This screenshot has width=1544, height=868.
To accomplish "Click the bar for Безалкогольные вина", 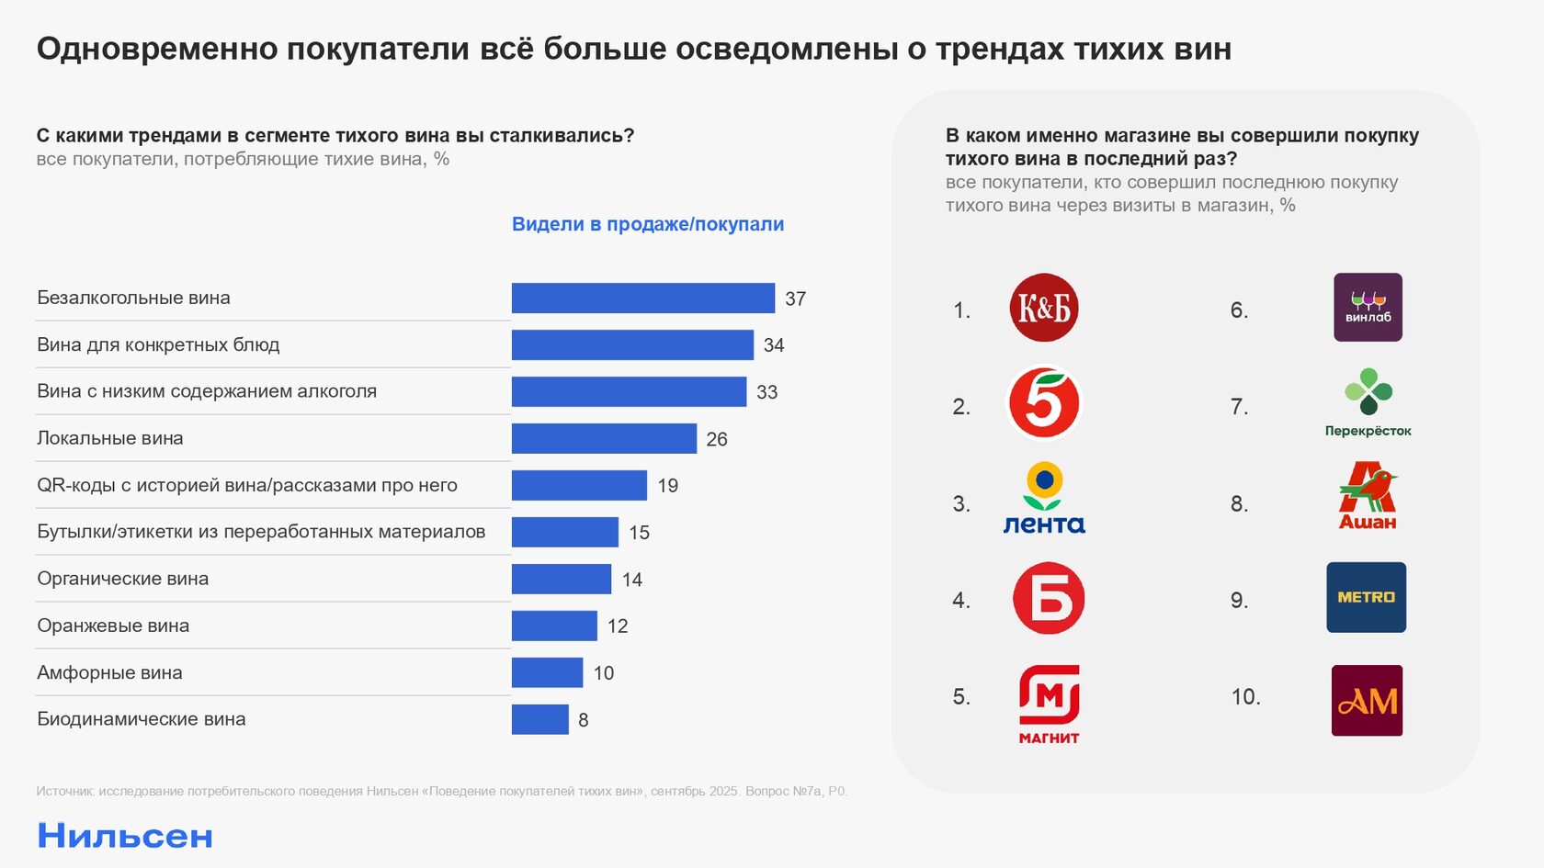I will point(642,299).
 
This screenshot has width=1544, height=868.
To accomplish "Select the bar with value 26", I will point(604,439).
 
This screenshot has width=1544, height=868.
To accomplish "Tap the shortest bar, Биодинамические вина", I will point(540,719).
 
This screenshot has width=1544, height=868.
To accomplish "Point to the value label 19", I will point(668,486).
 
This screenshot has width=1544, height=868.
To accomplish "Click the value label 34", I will point(774,345).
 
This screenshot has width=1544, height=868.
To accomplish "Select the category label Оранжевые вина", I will point(113,626).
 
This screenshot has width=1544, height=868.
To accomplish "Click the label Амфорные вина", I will point(109,673).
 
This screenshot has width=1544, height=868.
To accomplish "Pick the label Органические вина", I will point(122,579).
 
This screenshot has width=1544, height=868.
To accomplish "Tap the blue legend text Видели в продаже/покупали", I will point(648,224).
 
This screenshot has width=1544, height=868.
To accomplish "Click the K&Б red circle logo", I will point(1044,308).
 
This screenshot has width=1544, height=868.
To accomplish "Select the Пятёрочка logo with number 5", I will point(1044,402).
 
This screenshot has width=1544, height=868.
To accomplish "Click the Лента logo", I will point(1044,499).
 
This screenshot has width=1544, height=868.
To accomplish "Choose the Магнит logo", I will point(1049,704).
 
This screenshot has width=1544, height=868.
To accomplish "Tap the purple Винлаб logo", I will point(1368,308).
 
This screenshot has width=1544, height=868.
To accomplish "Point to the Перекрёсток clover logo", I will point(1368,402).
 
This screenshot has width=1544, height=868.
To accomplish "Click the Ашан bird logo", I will point(1368,496).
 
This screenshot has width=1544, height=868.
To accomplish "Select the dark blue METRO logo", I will point(1366,597).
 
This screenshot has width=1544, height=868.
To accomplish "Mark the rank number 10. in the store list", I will point(1245,697).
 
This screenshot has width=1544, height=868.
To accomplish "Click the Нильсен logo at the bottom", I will point(125,836).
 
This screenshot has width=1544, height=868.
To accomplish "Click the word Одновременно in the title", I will point(156,49).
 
